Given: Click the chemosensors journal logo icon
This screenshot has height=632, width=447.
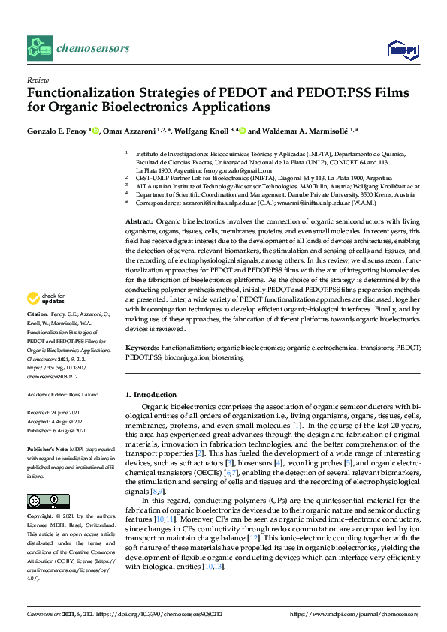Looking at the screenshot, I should tap(39, 48).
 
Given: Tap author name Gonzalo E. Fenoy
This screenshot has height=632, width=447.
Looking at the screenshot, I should tap(57, 130).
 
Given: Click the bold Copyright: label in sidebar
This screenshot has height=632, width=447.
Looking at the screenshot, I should tap(42, 517).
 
